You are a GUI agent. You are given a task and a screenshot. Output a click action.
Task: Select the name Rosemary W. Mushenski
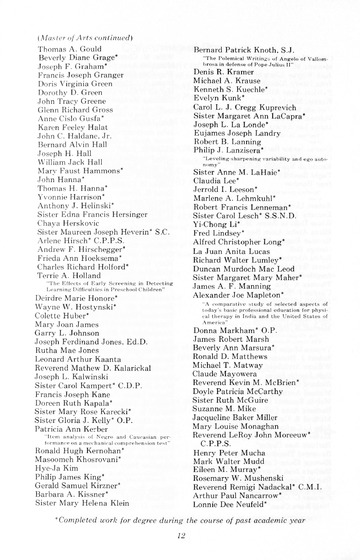click(x=241, y=470)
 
